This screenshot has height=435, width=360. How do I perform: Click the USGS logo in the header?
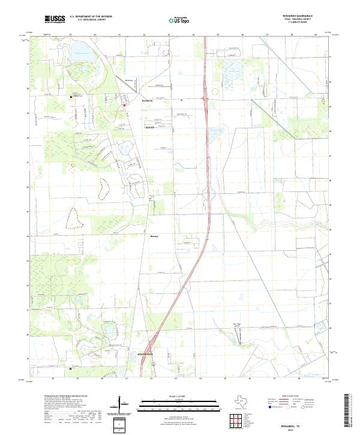(55, 19)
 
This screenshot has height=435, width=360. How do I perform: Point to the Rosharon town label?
(148, 101)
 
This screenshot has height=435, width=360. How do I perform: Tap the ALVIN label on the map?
(150, 128)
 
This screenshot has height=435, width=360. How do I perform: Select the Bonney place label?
(154, 236)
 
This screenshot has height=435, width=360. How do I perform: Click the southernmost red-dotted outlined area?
(74, 218)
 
